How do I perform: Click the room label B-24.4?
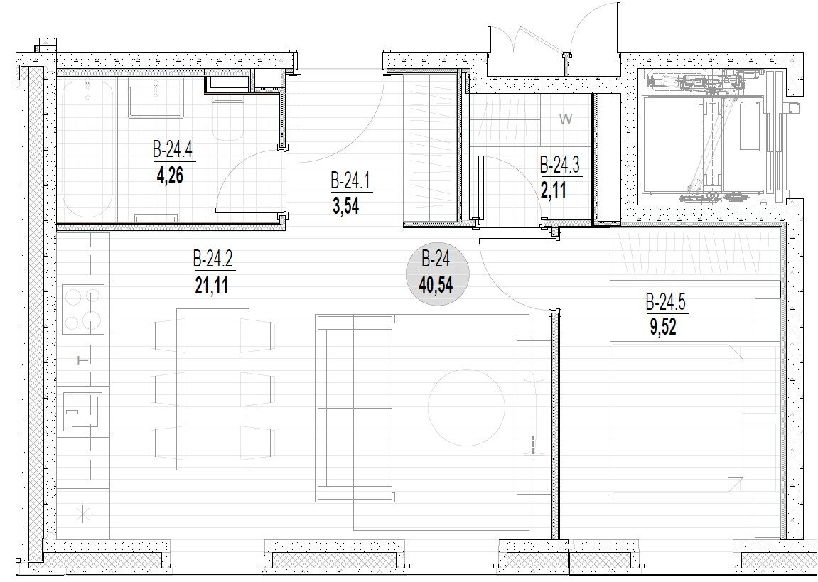click(173, 150)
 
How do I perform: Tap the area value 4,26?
click(170, 176)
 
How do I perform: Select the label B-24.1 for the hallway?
click(350, 181)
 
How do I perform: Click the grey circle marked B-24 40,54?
click(437, 274)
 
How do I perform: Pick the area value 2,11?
click(554, 191)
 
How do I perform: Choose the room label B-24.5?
click(666, 303)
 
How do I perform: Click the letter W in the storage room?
click(566, 119)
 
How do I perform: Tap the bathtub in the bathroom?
click(87, 149)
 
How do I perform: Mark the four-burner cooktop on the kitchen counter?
click(83, 309)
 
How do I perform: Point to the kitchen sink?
click(82, 411)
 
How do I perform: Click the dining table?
click(212, 389)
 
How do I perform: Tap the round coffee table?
click(466, 407)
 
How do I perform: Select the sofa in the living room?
click(355, 409)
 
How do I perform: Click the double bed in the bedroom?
click(695, 418)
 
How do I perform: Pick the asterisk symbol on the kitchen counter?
click(82, 515)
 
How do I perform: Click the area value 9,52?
click(663, 328)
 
